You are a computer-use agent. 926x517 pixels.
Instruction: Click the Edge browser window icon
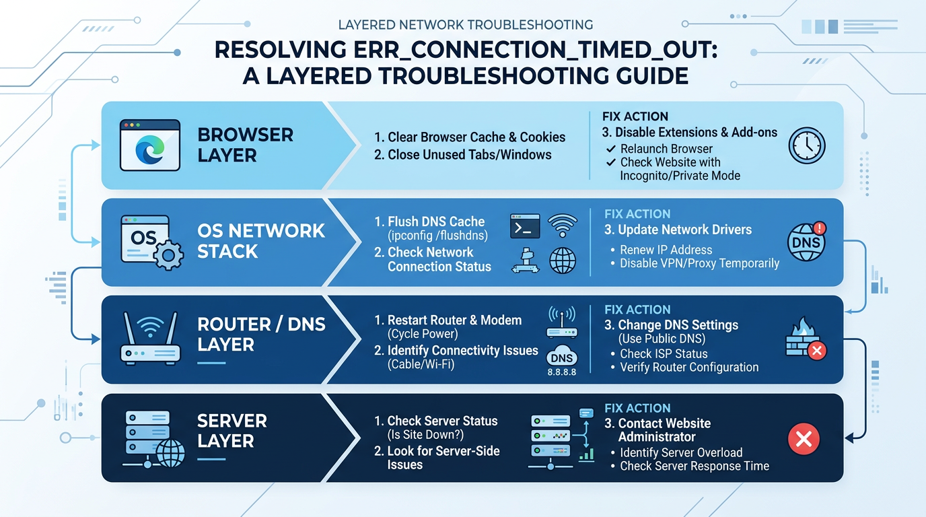pyautogui.click(x=149, y=145)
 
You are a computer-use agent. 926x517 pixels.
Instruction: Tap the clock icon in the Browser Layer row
pyautogui.click(x=806, y=145)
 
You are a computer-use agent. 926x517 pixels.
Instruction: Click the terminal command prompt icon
pyautogui.click(x=525, y=226)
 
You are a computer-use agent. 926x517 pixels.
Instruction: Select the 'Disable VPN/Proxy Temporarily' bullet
pyautogui.click(x=699, y=263)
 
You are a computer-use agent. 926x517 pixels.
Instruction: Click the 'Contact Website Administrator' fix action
pyautogui.click(x=658, y=430)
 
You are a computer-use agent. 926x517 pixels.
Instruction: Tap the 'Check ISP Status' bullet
pyautogui.click(x=664, y=353)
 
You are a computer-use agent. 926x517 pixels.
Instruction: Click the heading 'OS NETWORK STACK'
pyautogui.click(x=261, y=241)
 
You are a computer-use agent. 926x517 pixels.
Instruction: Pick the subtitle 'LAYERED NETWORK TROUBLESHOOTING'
pyautogui.click(x=465, y=25)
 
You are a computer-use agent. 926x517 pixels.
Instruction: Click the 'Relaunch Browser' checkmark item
pyautogui.click(x=666, y=149)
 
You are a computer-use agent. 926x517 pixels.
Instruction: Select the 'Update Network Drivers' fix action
pyautogui.click(x=678, y=230)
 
